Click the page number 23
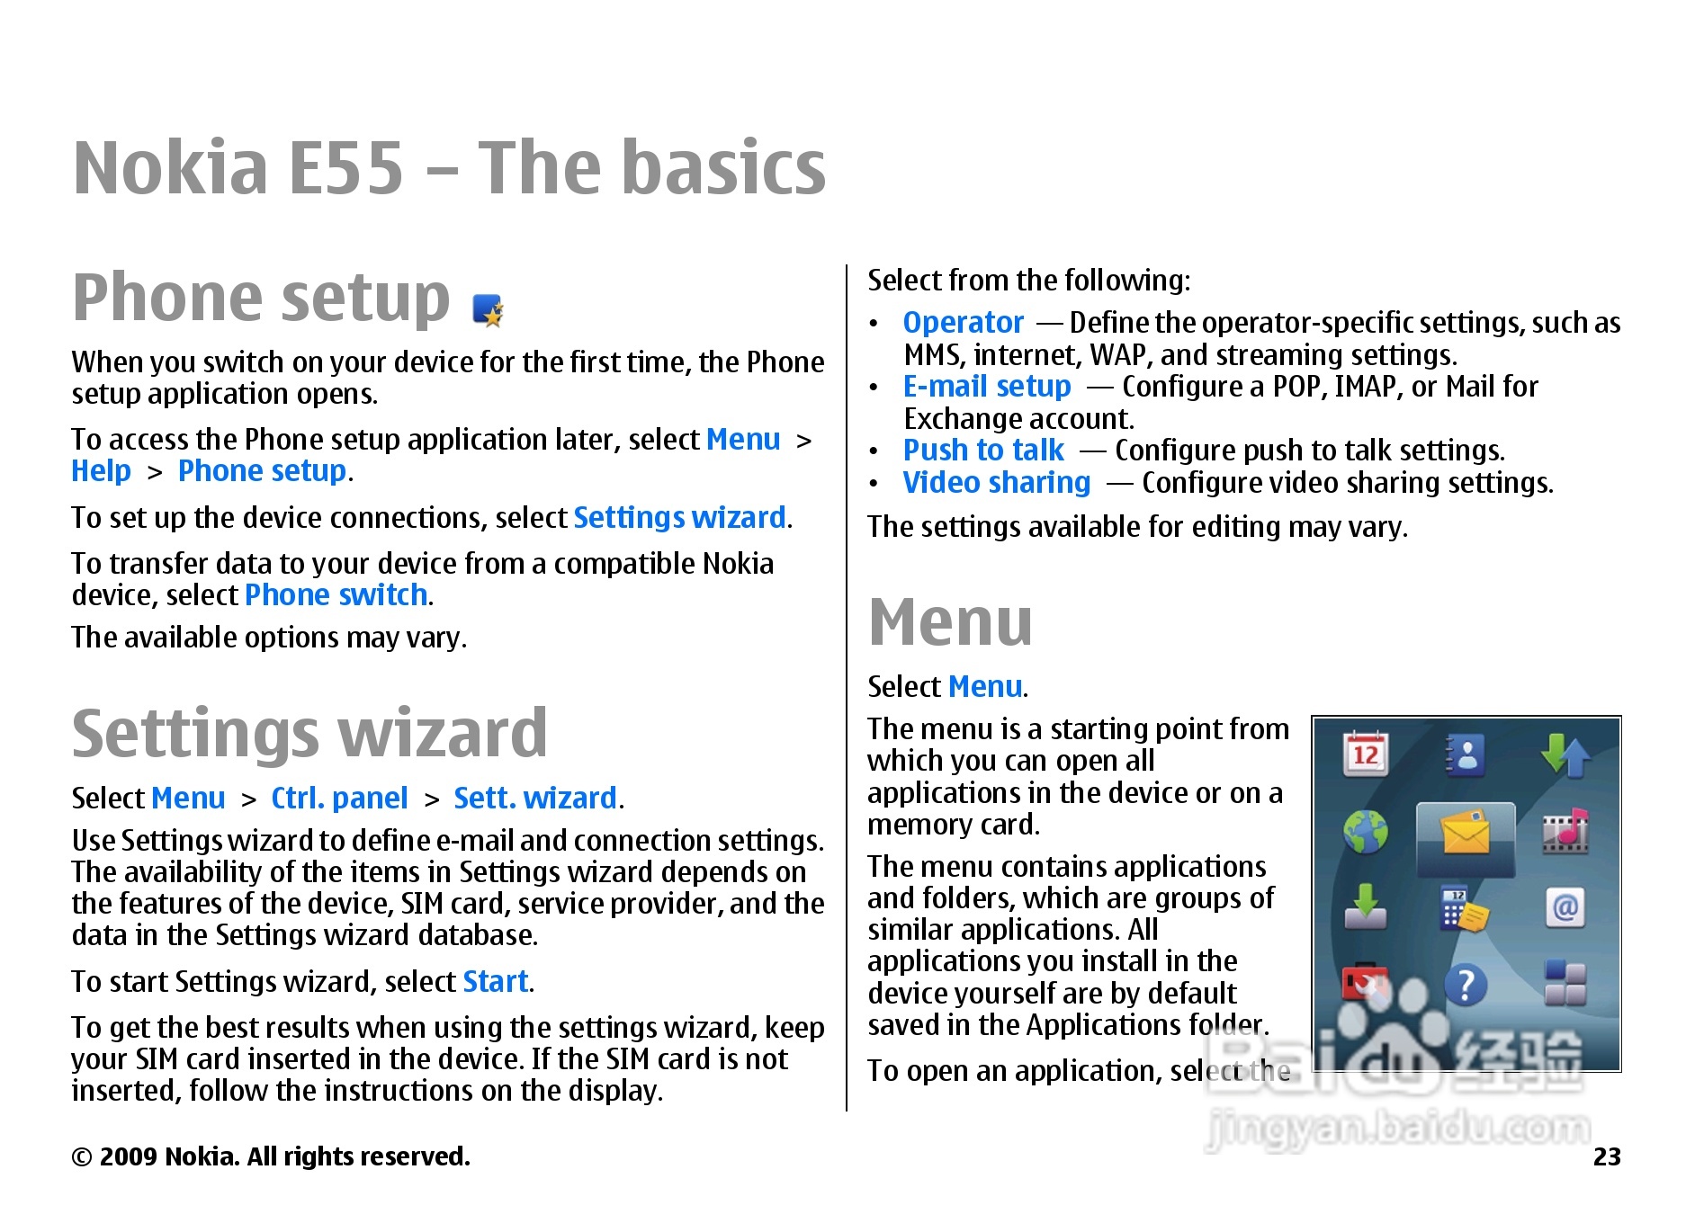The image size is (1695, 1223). coord(1607,1156)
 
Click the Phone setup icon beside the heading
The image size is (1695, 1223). coord(488,310)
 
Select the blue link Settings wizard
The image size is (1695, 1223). coord(679,517)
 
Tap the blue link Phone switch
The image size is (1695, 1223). coord(336,594)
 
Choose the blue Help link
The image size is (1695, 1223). coord(102,471)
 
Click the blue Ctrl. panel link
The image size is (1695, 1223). coord(339,798)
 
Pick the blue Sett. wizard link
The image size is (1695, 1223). coord(535,798)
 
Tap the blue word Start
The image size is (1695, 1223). coord(495,981)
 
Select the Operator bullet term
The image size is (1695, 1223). coord(963,322)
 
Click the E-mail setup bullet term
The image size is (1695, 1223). coord(987,387)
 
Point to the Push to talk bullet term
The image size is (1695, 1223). coord(983,450)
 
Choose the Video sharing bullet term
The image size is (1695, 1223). coord(997,482)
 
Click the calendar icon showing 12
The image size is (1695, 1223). coord(1366,754)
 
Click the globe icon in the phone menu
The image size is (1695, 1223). coord(1366,832)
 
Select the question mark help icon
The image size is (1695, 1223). coord(1466,985)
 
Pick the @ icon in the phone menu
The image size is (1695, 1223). coord(1565,907)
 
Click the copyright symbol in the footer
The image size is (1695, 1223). coord(82,1157)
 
